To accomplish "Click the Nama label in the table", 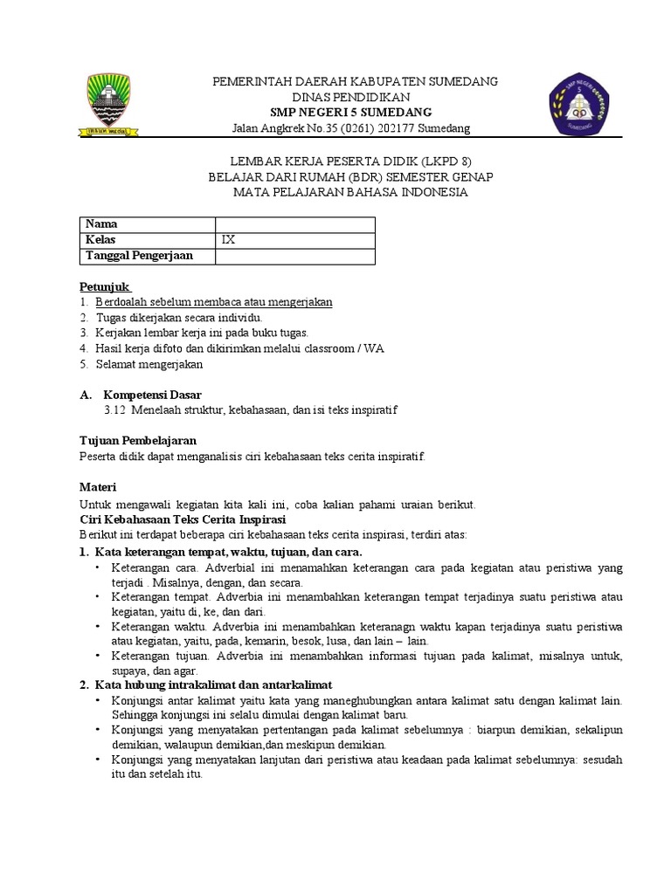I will click(x=100, y=224).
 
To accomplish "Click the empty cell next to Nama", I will click(x=295, y=224).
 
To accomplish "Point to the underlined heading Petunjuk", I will click(x=105, y=286).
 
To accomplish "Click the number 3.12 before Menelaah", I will click(x=115, y=410).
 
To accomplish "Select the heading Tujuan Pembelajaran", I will click(x=138, y=440).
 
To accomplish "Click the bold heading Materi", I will click(x=98, y=486).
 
